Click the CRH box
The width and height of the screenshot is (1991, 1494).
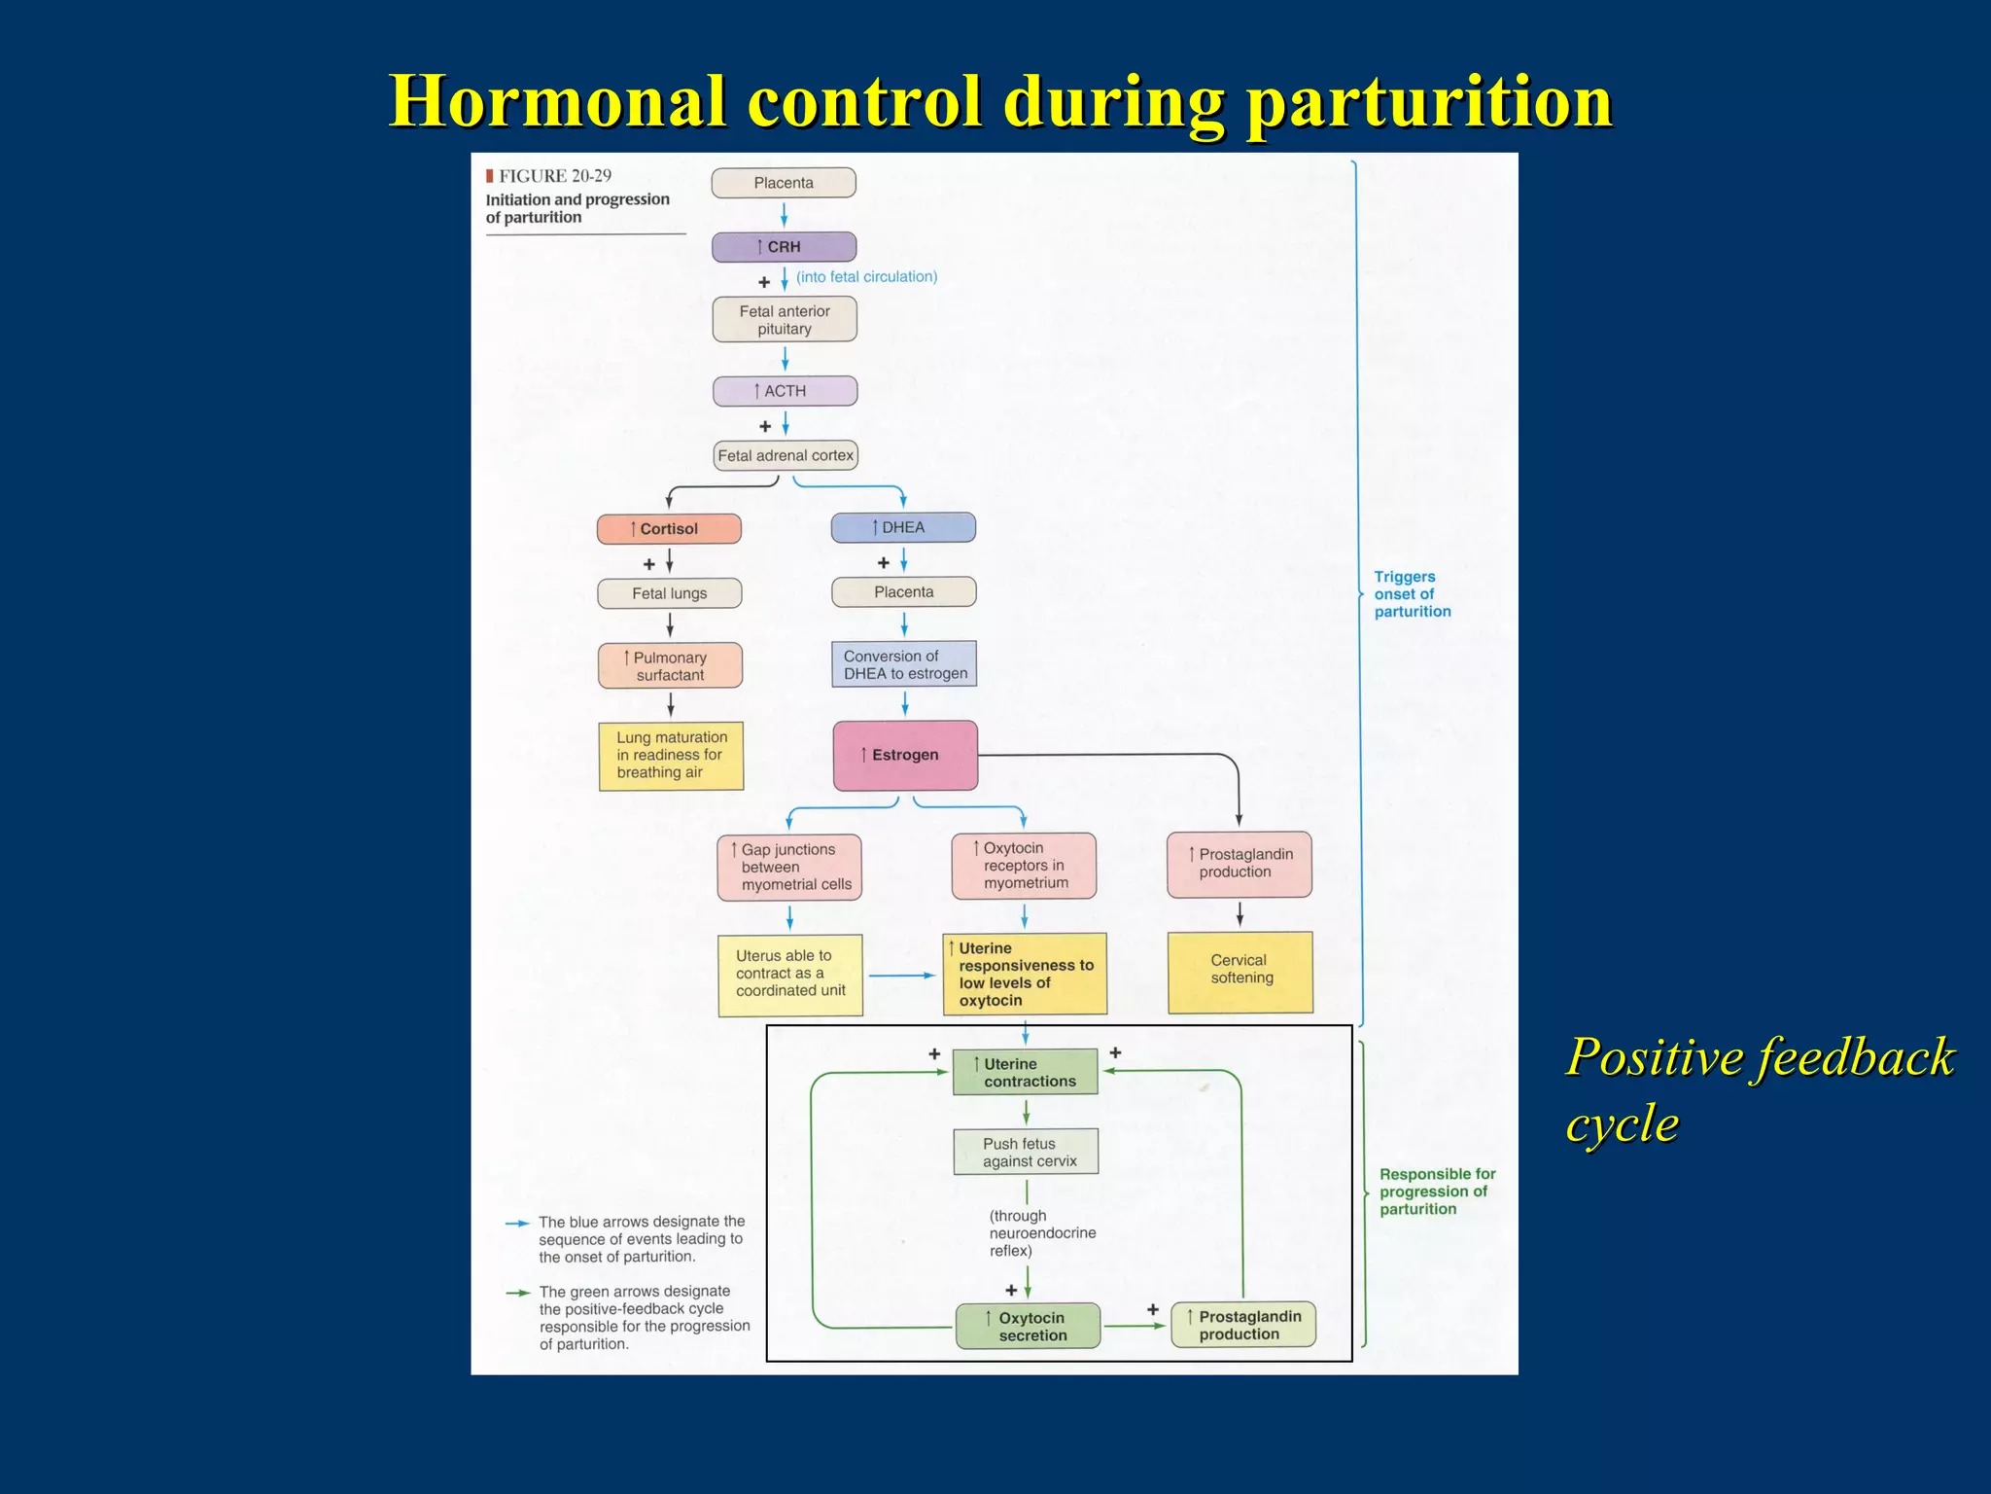(x=784, y=247)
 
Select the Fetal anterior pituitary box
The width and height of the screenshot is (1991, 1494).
(x=785, y=320)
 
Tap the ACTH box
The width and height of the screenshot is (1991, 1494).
(x=785, y=391)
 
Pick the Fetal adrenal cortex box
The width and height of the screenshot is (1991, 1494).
(x=786, y=455)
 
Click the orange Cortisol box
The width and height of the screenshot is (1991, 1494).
(x=669, y=529)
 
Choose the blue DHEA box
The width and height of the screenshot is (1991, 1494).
(x=903, y=527)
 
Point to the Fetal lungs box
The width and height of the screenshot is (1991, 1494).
(x=669, y=593)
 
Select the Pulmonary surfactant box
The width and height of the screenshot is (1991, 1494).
(x=670, y=666)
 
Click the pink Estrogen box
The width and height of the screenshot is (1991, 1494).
(x=905, y=755)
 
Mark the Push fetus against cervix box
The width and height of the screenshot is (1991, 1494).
(x=1027, y=1152)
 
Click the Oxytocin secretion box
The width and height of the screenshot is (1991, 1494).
(x=1029, y=1327)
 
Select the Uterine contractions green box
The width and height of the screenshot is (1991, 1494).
(x=1026, y=1072)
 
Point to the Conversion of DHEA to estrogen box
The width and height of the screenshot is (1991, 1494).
(x=904, y=664)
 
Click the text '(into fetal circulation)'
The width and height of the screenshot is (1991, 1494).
(x=866, y=277)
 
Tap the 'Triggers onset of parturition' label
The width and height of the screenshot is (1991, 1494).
(x=1412, y=594)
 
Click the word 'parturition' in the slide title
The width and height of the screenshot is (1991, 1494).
(x=1429, y=101)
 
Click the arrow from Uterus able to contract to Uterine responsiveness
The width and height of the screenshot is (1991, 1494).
(x=902, y=976)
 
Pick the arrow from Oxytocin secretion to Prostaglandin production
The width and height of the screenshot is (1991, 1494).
(x=1135, y=1326)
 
